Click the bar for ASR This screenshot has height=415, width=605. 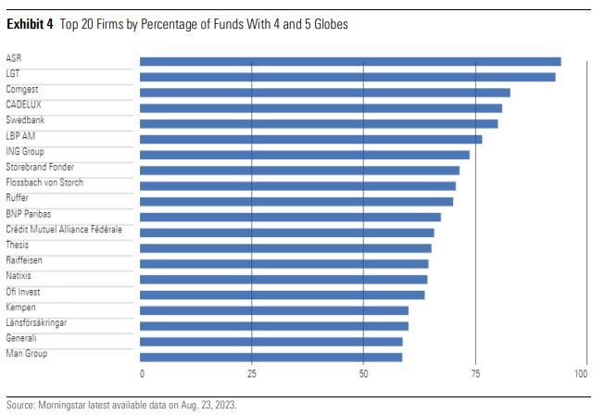point(350,61)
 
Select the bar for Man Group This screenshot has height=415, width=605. point(271,357)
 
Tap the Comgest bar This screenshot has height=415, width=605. point(324,93)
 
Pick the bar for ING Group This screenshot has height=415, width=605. point(304,155)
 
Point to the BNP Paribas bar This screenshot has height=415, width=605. point(290,217)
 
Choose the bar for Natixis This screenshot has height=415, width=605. point(284,279)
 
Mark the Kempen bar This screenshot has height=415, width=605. point(273,310)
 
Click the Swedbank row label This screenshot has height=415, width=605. point(25,120)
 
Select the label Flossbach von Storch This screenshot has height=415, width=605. point(44,182)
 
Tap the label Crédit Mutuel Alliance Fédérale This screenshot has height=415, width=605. point(64,229)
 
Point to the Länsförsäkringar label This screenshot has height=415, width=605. point(36,322)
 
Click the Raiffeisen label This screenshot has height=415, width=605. point(24,260)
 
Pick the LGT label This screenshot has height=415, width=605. point(14,74)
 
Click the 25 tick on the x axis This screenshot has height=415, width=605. point(251,374)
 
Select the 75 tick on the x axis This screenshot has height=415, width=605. point(475,374)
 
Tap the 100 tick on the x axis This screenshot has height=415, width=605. point(581,374)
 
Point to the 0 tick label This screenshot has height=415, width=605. point(142,374)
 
